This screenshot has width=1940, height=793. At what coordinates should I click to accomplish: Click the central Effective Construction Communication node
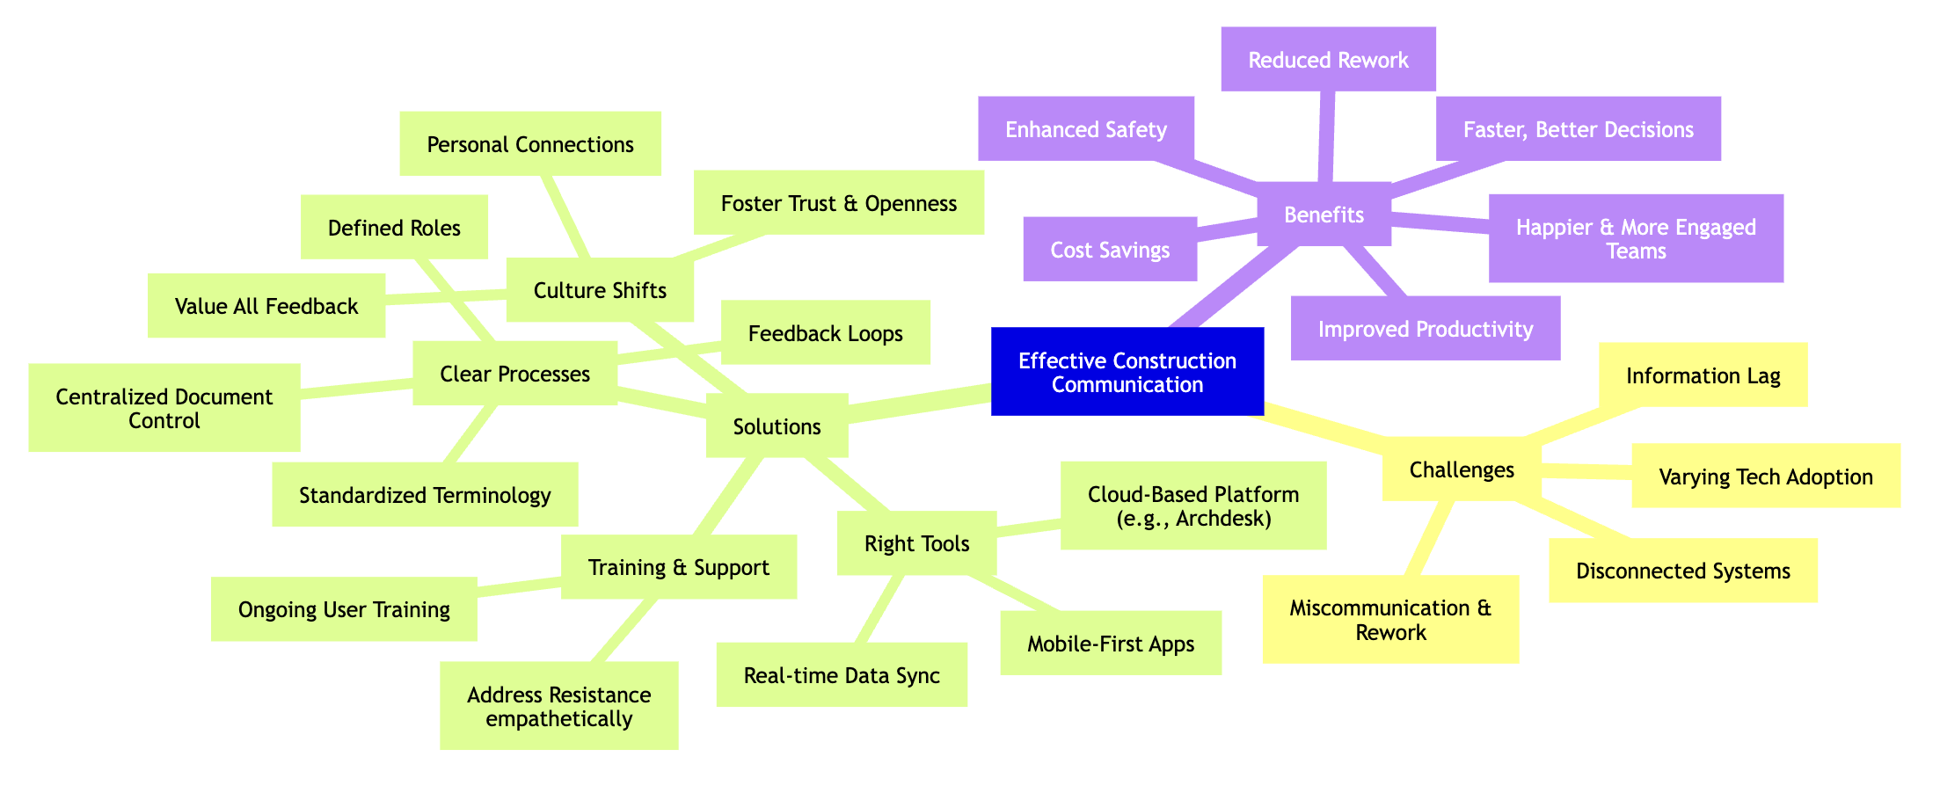coord(1127,372)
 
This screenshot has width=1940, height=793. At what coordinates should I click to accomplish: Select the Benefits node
coord(1324,215)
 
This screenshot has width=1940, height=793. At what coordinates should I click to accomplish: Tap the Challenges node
coord(1461,469)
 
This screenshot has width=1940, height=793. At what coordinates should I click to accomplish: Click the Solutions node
coord(777,426)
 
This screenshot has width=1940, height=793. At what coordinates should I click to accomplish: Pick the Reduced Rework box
coord(1328,60)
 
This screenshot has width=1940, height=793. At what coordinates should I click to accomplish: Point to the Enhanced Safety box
coord(1085,129)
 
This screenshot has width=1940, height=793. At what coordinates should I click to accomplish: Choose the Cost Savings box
coord(1110,250)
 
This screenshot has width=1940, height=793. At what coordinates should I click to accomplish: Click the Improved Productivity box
coord(1425,329)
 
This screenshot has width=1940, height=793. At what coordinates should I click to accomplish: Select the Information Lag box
coord(1703,375)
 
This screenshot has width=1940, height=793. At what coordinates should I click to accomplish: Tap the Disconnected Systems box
coord(1682,571)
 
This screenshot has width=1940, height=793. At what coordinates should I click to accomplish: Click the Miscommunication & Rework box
coord(1389,620)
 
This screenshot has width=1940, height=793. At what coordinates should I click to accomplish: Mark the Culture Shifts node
coord(600,290)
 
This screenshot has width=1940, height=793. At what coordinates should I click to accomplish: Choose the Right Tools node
coord(916,543)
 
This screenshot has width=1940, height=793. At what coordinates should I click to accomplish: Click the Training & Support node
coord(678,567)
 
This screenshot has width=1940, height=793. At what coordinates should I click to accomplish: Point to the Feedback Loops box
coord(825,333)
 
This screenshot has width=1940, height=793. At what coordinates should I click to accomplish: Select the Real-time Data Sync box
coord(842,675)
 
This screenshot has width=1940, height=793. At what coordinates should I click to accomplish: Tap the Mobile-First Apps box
coord(1110,644)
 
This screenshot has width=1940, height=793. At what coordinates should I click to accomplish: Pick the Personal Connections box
coord(529,144)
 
